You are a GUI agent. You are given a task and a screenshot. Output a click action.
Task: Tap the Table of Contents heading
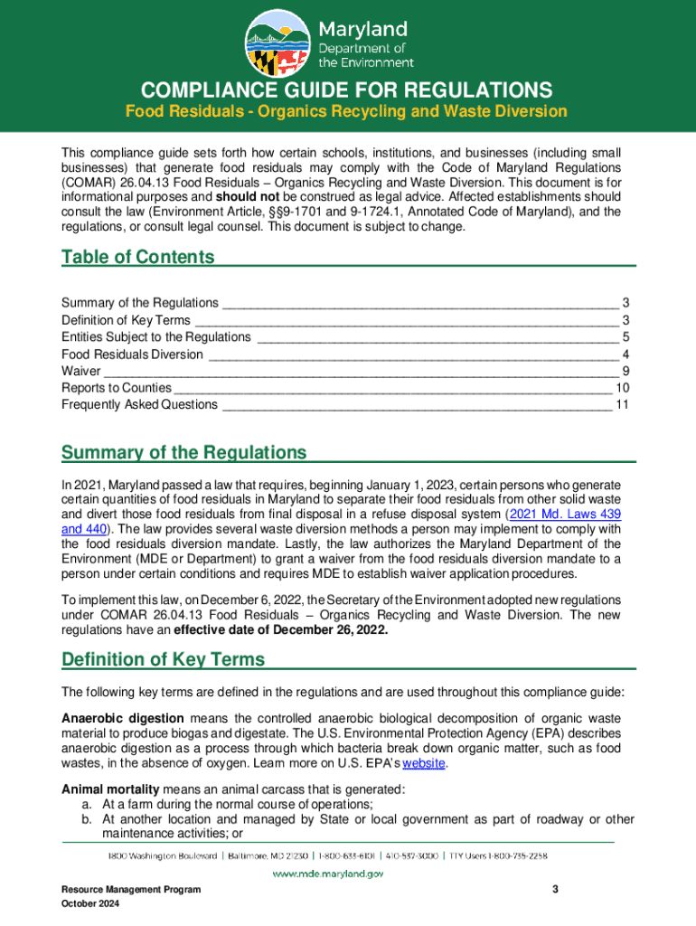pos(137,257)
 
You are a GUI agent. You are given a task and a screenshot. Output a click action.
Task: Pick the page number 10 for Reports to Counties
pos(622,388)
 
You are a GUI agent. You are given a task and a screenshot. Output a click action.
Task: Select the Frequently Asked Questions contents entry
pos(139,404)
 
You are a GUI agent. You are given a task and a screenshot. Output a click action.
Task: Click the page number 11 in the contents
pos(622,404)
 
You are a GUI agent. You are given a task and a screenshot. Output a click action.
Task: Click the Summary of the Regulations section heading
pos(183,452)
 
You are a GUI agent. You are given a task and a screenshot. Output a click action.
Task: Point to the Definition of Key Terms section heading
pos(163,659)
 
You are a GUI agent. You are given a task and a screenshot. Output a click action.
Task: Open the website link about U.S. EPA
pos(424,762)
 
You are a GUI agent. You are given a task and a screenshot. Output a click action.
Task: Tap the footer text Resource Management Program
pos(125,890)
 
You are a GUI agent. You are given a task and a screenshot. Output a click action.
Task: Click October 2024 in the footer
pos(90,904)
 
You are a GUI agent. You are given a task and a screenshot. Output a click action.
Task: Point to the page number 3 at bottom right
pos(556,890)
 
